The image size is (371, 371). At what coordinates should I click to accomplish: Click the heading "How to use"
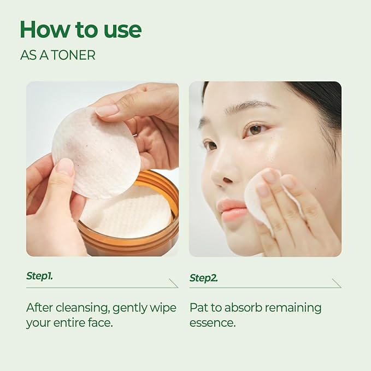[x=80, y=30]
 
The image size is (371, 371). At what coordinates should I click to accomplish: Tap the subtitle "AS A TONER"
[x=57, y=56]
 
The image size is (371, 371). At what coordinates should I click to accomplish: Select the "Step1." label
[x=39, y=276]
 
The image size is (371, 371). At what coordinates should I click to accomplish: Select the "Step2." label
[x=203, y=278]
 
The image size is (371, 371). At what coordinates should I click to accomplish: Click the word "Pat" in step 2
[x=199, y=308]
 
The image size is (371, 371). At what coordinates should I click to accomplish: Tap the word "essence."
[x=212, y=322]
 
